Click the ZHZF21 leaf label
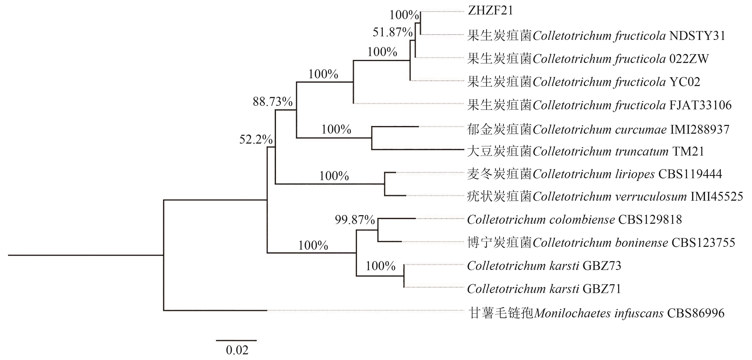click(x=490, y=11)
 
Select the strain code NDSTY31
click(x=697, y=36)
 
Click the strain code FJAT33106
click(x=700, y=105)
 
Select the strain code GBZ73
click(x=602, y=266)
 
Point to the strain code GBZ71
click(x=602, y=289)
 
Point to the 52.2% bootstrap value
click(x=256, y=140)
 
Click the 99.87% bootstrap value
click(x=355, y=220)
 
